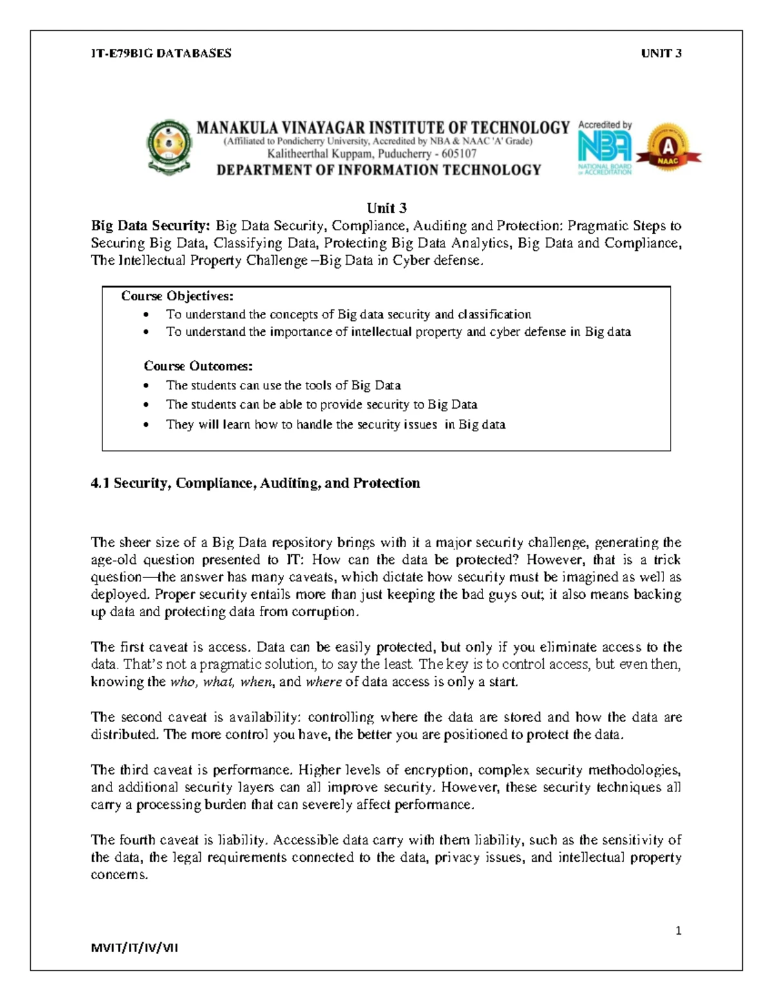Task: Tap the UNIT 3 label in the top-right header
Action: [661, 53]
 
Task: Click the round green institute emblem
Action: [169, 147]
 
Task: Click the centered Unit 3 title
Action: [386, 208]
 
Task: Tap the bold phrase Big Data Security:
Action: [151, 226]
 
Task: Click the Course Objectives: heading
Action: [177, 296]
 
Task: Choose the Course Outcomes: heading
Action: [198, 366]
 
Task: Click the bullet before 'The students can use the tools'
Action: [148, 386]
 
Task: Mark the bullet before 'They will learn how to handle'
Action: [148, 425]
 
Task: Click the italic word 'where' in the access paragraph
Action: [323, 682]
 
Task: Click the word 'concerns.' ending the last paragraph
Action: [119, 875]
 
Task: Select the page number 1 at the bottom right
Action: [678, 931]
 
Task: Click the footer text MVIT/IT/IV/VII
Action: [135, 948]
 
